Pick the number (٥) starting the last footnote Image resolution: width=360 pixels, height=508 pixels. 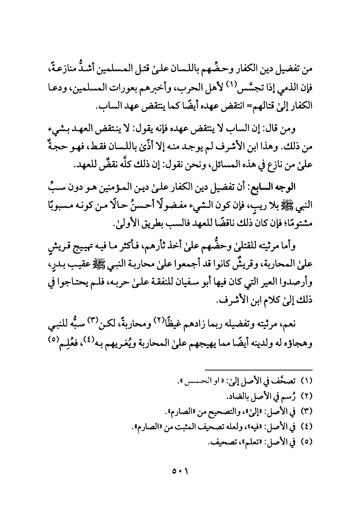click(x=306, y=443)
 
